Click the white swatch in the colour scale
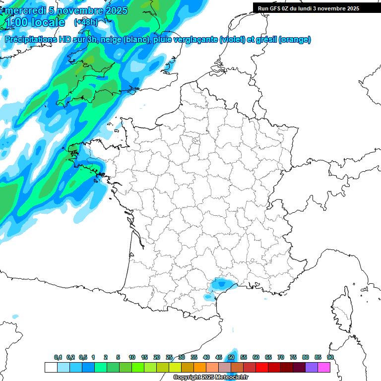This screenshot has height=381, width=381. pyautogui.click(x=51, y=367)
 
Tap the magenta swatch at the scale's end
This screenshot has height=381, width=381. pyautogui.click(x=324, y=367)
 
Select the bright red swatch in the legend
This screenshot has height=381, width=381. pyautogui.click(x=262, y=367)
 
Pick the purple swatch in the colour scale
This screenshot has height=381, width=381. pyautogui.click(x=312, y=367)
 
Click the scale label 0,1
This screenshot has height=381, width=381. pyautogui.click(x=58, y=358)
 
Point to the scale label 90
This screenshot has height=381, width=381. pyautogui.click(x=330, y=358)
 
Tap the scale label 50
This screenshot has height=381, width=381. pyautogui.click(x=231, y=358)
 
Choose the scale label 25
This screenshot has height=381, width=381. pyautogui.click(x=169, y=358)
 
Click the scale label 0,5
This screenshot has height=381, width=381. pyautogui.click(x=83, y=358)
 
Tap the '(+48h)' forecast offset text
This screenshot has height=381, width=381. pyautogui.click(x=86, y=22)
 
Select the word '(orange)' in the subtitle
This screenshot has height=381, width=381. pyautogui.click(x=295, y=40)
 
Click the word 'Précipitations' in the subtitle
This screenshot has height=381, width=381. pyautogui.click(x=31, y=40)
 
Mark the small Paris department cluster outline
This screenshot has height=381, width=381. pyautogui.click(x=195, y=142)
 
